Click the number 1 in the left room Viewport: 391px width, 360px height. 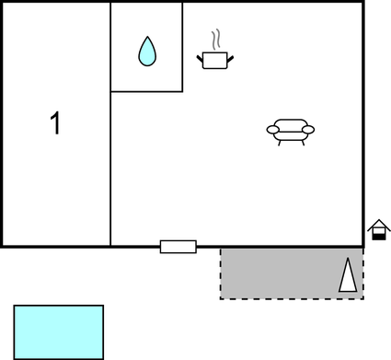click(x=55, y=122)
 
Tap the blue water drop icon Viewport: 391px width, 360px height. click(x=146, y=51)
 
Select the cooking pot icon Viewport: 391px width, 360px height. click(x=215, y=60)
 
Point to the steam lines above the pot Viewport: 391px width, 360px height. click(x=216, y=40)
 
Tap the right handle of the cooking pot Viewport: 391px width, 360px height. click(x=230, y=59)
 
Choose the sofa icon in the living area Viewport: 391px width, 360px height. click(x=291, y=132)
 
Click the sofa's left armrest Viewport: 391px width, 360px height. click(x=272, y=130)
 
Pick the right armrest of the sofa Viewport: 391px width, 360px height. click(x=309, y=130)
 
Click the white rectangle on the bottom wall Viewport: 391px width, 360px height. click(x=178, y=246)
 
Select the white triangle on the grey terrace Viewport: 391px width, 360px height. click(x=348, y=277)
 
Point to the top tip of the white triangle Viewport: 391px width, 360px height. click(x=349, y=262)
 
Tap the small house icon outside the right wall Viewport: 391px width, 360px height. click(x=378, y=230)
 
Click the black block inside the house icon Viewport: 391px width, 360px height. click(x=378, y=236)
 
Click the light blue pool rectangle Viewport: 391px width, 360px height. click(x=58, y=331)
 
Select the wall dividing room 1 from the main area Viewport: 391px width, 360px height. click(x=110, y=166)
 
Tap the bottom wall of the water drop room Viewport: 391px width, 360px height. click(x=146, y=91)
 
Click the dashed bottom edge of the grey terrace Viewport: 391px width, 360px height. click(x=291, y=298)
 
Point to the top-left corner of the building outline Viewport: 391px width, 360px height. click(x=2, y=2)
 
